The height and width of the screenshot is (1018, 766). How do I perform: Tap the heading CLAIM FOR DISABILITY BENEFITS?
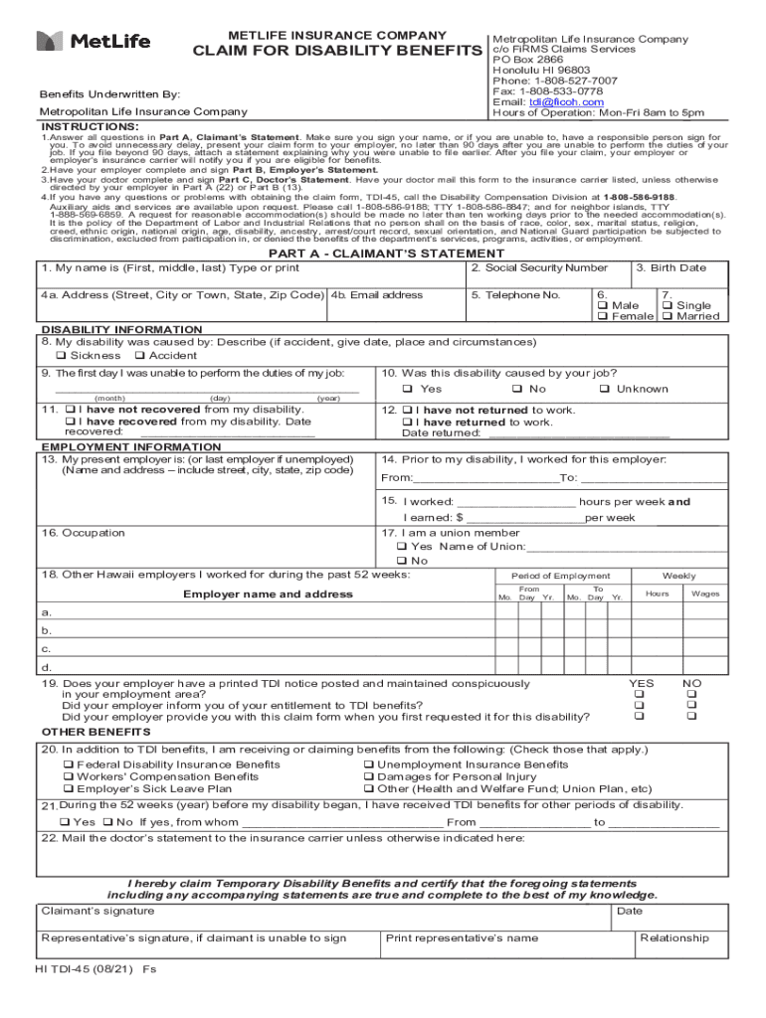(337, 51)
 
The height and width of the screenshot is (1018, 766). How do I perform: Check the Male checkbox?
(602, 305)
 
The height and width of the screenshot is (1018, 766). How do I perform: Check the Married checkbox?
(669, 316)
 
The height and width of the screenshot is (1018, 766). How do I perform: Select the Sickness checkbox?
(62, 355)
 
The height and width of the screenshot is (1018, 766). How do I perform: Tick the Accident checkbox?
(139, 355)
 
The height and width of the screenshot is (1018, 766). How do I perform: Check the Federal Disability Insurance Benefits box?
(69, 764)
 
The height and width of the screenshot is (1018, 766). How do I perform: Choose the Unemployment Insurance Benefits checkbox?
(368, 764)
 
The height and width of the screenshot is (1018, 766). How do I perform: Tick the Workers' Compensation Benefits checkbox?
(69, 776)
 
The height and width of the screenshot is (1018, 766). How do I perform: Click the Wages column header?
(705, 594)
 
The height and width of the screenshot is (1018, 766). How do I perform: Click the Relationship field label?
(674, 937)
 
